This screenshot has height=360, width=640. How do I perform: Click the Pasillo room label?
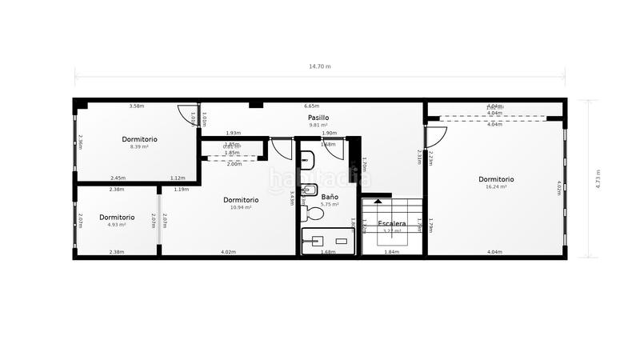pos(318,118)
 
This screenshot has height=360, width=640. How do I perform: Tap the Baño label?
pos(330,196)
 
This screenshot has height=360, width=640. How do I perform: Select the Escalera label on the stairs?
pos(391,223)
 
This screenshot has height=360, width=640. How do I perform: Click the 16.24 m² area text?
pos(496,187)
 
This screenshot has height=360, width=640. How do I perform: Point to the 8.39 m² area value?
pos(139,147)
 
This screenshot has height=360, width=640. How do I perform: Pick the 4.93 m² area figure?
pos(117,225)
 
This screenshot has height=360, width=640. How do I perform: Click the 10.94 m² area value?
pos(240,207)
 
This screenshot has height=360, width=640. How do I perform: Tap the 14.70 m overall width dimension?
pos(320,66)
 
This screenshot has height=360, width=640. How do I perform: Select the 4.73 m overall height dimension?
pos(598,177)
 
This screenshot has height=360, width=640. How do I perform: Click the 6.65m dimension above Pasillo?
pos(311,106)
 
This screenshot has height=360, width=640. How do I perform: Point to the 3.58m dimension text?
pos(137,106)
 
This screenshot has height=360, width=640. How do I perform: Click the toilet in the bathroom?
pos(310,214)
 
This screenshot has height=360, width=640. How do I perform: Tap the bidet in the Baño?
pos(310,190)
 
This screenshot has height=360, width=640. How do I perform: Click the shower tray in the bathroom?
pos(327,241)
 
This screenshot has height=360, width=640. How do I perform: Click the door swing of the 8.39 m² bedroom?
pos(188,117)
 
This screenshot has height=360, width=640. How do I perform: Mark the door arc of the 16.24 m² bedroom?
pos(436,137)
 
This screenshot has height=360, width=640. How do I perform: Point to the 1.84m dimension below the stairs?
pos(391,253)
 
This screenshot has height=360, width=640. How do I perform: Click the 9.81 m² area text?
pos(318,126)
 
